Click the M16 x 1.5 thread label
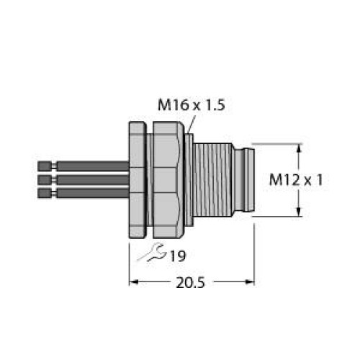pos(192,106)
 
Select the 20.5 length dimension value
pos(192,284)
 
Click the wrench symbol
pos(154,253)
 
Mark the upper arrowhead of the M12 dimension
pos(299,148)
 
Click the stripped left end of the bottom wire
pos(45,192)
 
